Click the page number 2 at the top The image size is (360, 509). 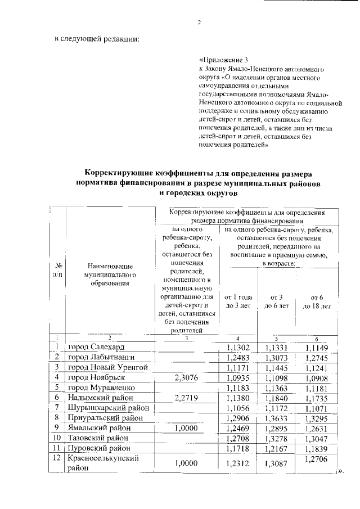pos(199,22)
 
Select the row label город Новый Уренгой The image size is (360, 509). pos(107,367)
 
